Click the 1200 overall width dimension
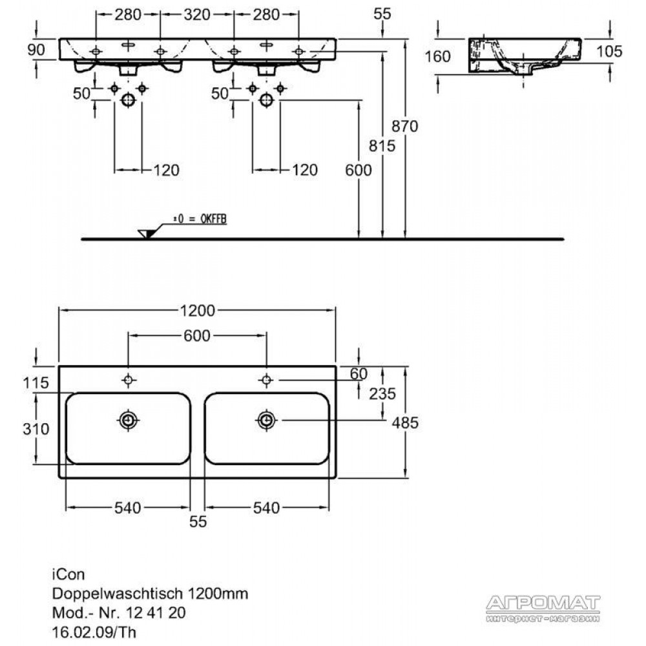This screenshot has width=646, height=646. tap(197, 311)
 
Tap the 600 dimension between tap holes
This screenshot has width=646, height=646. tap(197, 336)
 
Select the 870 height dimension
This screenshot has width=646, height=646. tap(404, 126)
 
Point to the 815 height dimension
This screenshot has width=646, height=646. tap(382, 146)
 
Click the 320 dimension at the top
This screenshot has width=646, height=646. tap(197, 15)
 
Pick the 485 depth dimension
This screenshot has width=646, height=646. tap(405, 422)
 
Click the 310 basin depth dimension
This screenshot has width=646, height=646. tap(36, 430)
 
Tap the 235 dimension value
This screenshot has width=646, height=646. tap(382, 394)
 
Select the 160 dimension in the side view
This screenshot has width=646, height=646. tap(437, 56)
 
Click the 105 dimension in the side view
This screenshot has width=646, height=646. tap(609, 52)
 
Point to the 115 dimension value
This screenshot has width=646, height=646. tap(36, 383)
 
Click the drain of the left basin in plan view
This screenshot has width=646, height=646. tap(128, 421)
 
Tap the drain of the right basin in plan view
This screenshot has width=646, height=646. tap(267, 421)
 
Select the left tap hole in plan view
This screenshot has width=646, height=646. tap(128, 380)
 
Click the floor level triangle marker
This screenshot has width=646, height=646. tap(146, 234)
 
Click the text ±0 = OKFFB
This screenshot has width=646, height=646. tap(200, 219)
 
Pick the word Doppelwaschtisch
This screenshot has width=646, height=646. tap(118, 594)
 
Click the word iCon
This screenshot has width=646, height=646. tap(68, 574)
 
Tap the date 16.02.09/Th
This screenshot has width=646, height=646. tap(94, 632)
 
